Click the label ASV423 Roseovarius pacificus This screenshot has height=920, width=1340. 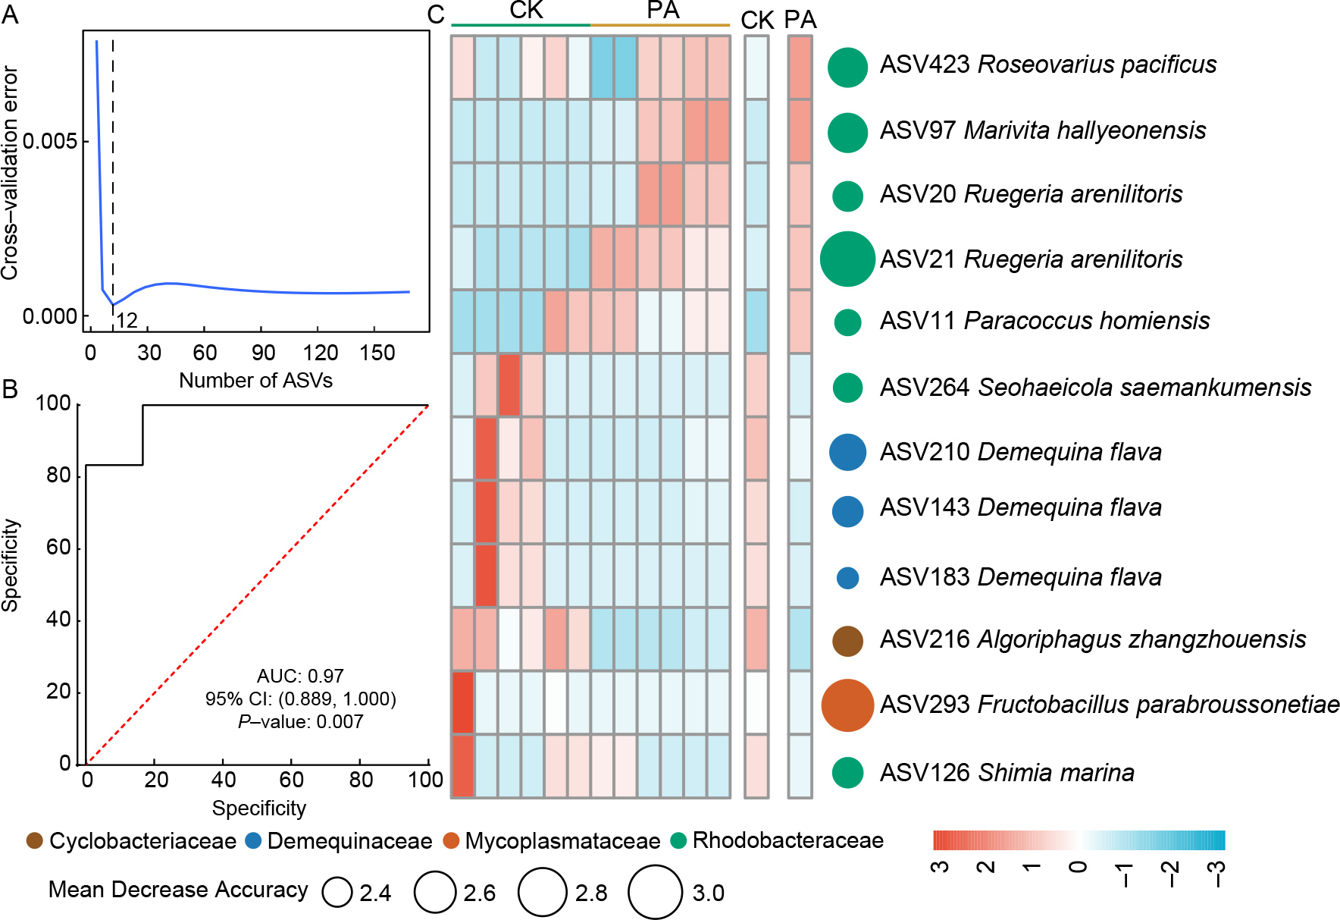click(x=1047, y=65)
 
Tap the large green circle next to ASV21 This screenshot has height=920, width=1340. click(x=847, y=259)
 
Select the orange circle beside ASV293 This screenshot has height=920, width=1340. click(x=847, y=705)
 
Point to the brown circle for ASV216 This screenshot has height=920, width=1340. click(x=847, y=641)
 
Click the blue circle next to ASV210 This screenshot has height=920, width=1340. click(x=847, y=452)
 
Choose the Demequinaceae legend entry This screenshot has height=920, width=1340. click(x=339, y=841)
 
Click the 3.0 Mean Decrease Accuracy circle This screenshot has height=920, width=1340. click(x=656, y=892)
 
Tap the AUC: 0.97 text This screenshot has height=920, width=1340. click(x=300, y=676)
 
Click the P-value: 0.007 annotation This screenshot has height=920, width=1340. click(x=300, y=722)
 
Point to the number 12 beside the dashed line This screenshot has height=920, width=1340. click(x=127, y=321)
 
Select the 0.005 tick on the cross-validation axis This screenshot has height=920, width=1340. click(x=50, y=142)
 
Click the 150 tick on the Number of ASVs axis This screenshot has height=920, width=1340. click(x=377, y=353)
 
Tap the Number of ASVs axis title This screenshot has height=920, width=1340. click(x=255, y=380)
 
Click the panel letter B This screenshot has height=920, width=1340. click(x=10, y=390)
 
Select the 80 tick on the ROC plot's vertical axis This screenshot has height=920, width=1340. click(x=58, y=476)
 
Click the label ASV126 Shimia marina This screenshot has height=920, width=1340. click(x=1007, y=773)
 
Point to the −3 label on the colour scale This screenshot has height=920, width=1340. click(x=1216, y=874)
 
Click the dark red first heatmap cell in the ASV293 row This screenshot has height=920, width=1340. click(x=462, y=702)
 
